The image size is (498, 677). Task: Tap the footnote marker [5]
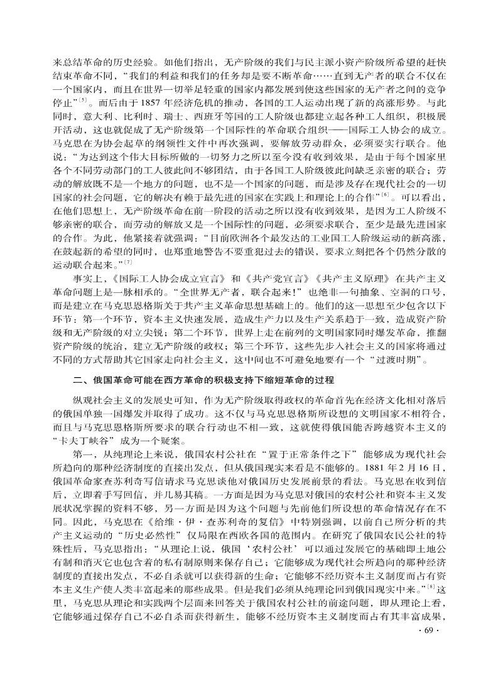pyautogui.click(x=82, y=97)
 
